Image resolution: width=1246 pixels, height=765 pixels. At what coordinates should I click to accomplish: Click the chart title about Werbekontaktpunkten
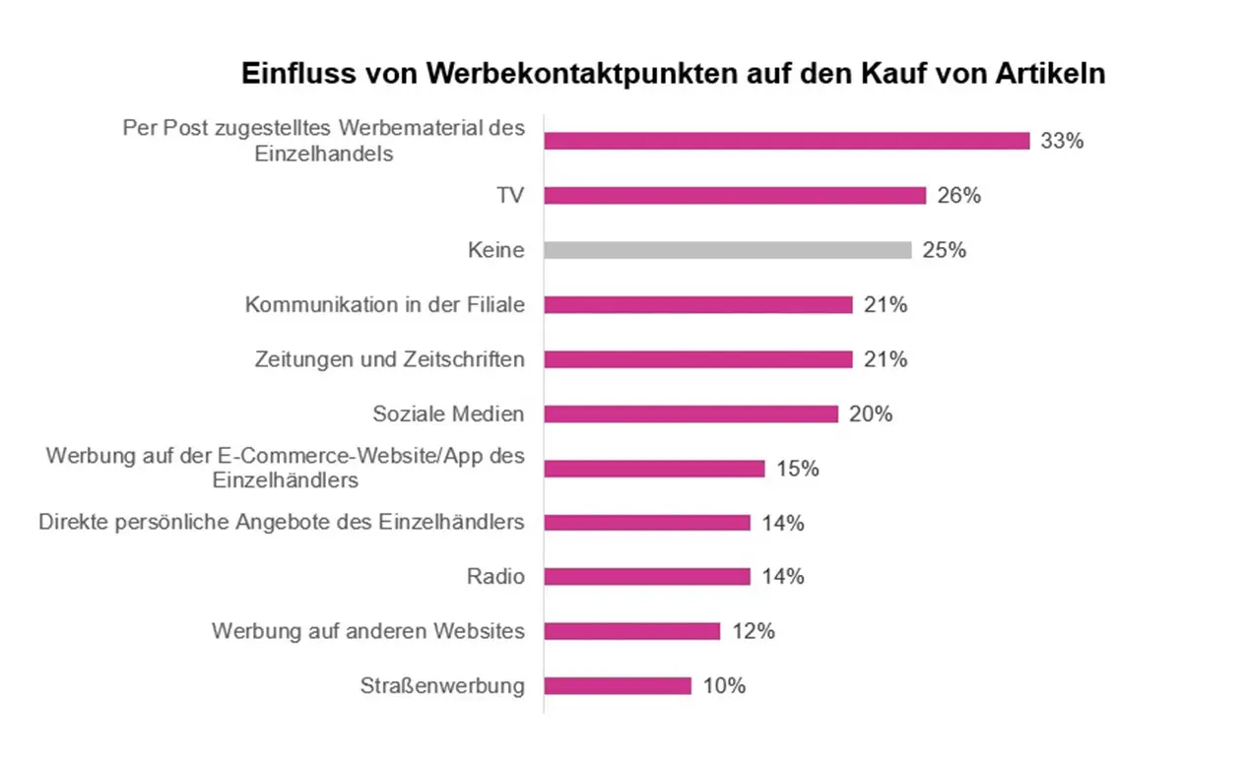(673, 74)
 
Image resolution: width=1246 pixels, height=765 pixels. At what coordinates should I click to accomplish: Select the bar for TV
(735, 196)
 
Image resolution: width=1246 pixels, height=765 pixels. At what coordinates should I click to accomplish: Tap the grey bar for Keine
(728, 250)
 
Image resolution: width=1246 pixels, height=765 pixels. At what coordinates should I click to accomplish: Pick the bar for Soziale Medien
(690, 414)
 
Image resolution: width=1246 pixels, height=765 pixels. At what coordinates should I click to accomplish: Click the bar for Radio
(647, 577)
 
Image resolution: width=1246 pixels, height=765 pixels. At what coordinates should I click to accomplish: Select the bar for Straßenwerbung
(618, 686)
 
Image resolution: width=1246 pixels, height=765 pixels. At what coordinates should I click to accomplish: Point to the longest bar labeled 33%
(786, 141)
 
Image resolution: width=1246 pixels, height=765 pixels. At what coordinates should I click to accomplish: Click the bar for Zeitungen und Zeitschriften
(697, 359)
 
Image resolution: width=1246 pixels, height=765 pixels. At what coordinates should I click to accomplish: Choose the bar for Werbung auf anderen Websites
(631, 631)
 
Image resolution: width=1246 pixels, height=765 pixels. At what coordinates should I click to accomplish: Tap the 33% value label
(1062, 141)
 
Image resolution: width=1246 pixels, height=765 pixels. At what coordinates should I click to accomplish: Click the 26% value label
(958, 196)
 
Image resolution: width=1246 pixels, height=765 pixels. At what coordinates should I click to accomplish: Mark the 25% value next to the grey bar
(944, 250)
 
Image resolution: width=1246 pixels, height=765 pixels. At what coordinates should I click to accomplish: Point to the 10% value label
(724, 686)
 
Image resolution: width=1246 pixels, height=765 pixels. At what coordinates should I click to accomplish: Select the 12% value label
(753, 631)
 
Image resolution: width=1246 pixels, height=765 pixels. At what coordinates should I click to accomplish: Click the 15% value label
(797, 469)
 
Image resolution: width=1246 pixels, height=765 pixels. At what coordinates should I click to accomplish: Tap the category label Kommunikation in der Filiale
(384, 305)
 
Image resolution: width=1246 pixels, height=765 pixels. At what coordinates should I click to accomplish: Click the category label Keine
(495, 250)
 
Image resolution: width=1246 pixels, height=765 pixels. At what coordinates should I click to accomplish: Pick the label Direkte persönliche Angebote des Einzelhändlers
(282, 523)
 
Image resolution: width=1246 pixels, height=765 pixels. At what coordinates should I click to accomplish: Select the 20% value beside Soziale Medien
(871, 414)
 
